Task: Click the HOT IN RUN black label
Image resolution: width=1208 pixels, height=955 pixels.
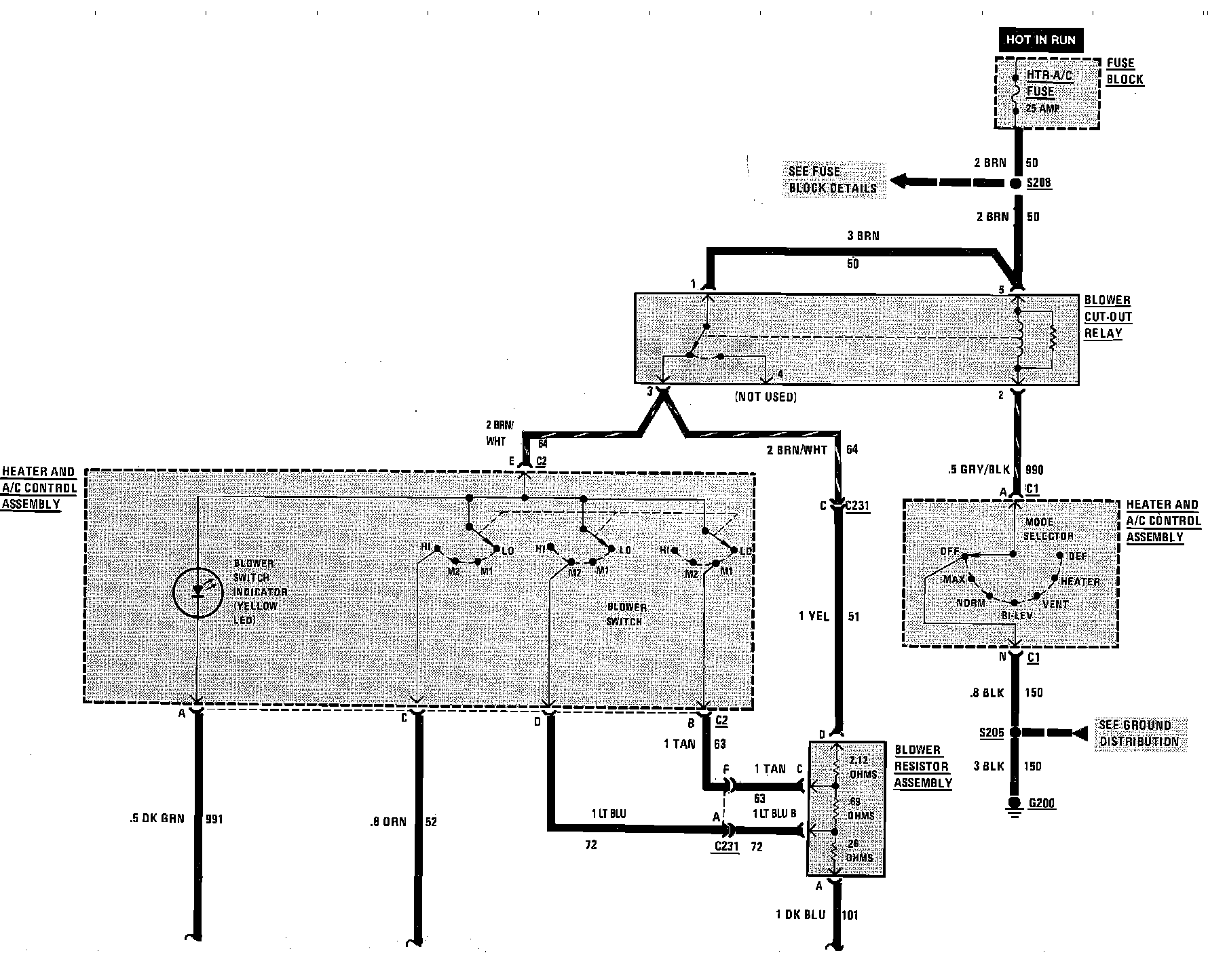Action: pos(1040,40)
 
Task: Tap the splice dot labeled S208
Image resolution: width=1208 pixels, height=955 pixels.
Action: pos(1016,183)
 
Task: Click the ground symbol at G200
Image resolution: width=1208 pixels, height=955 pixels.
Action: pos(1015,806)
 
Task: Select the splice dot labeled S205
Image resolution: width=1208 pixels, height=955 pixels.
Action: pos(1015,733)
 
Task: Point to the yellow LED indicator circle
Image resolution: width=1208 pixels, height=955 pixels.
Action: pos(197,593)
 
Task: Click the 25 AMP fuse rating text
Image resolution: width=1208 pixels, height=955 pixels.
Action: pos(1042,109)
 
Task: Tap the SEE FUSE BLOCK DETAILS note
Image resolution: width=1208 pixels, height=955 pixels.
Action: pos(832,180)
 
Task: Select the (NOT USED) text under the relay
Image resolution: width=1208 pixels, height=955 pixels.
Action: pos(766,397)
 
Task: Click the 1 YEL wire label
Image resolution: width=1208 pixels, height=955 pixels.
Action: pos(814,617)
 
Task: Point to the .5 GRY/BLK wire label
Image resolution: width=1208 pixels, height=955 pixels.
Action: pos(979,469)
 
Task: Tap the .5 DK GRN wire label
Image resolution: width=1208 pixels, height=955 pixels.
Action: pos(157,819)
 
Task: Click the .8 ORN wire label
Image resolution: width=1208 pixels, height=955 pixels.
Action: pos(388,822)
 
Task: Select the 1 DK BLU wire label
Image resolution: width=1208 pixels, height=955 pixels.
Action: pos(801,915)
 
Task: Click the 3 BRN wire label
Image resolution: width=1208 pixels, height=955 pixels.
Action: pos(863,236)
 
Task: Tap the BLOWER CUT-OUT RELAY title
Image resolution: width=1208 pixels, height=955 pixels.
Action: pos(1108,317)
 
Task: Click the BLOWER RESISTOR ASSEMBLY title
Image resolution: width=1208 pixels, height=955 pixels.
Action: pos(922,766)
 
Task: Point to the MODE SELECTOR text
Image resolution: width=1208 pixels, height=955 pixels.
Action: pos(1049,529)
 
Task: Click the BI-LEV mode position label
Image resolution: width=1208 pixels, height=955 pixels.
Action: pos(1017,615)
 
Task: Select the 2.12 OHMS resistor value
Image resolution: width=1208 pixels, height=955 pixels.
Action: pos(863,767)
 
